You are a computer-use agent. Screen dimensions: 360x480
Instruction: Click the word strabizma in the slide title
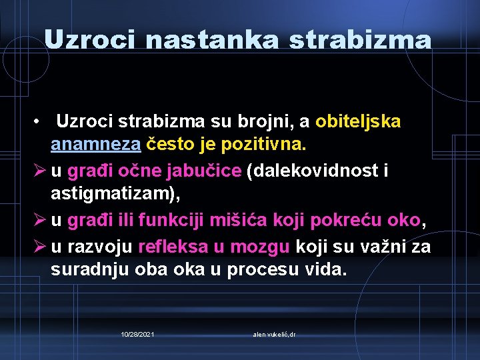pyautogui.click(x=360, y=41)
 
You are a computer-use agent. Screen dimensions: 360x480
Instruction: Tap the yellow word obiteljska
pyautogui.click(x=358, y=122)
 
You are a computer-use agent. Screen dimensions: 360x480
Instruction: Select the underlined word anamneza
pyautogui.click(x=95, y=143)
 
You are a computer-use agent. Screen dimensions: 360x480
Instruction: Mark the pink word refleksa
pyautogui.click(x=173, y=247)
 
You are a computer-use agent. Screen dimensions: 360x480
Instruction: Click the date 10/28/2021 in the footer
pyautogui.click(x=138, y=333)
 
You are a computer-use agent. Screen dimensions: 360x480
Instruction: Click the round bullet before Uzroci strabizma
pyautogui.click(x=41, y=123)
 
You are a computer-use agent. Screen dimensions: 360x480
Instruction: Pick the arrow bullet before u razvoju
pyautogui.click(x=39, y=247)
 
